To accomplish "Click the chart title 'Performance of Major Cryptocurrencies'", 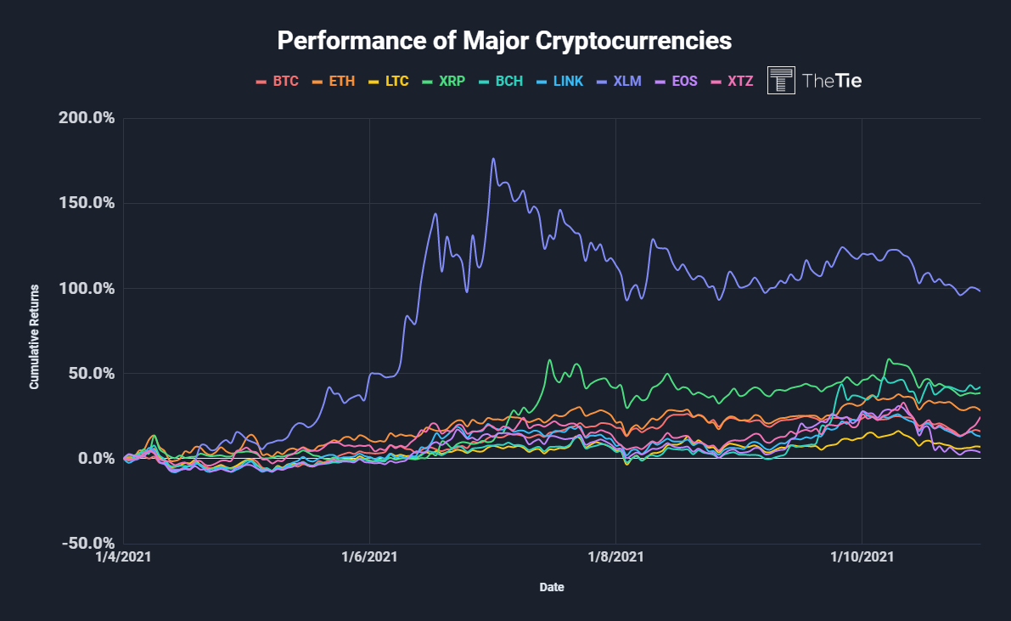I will click(505, 40).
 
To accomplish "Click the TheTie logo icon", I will click(781, 80).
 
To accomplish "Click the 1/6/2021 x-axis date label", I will click(369, 557).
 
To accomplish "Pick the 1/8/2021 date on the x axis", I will click(615, 557).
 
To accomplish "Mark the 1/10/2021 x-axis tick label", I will click(862, 557).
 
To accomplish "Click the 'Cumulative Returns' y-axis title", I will click(35, 337).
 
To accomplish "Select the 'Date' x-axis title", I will click(552, 587).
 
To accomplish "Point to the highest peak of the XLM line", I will click(493, 159).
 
